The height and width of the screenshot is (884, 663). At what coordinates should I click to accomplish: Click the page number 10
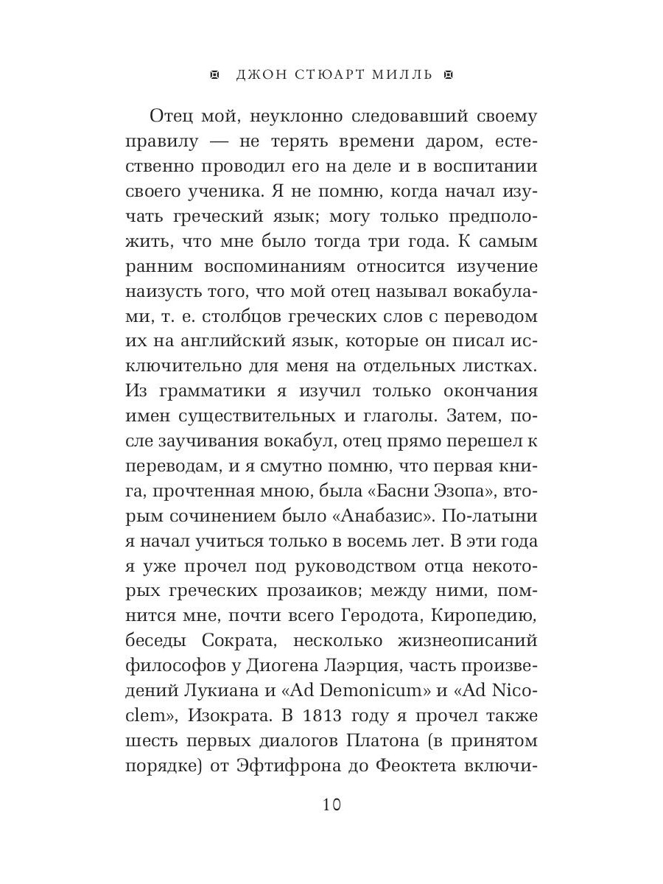tap(331, 804)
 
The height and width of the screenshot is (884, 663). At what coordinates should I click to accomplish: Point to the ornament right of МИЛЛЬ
tap(448, 74)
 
